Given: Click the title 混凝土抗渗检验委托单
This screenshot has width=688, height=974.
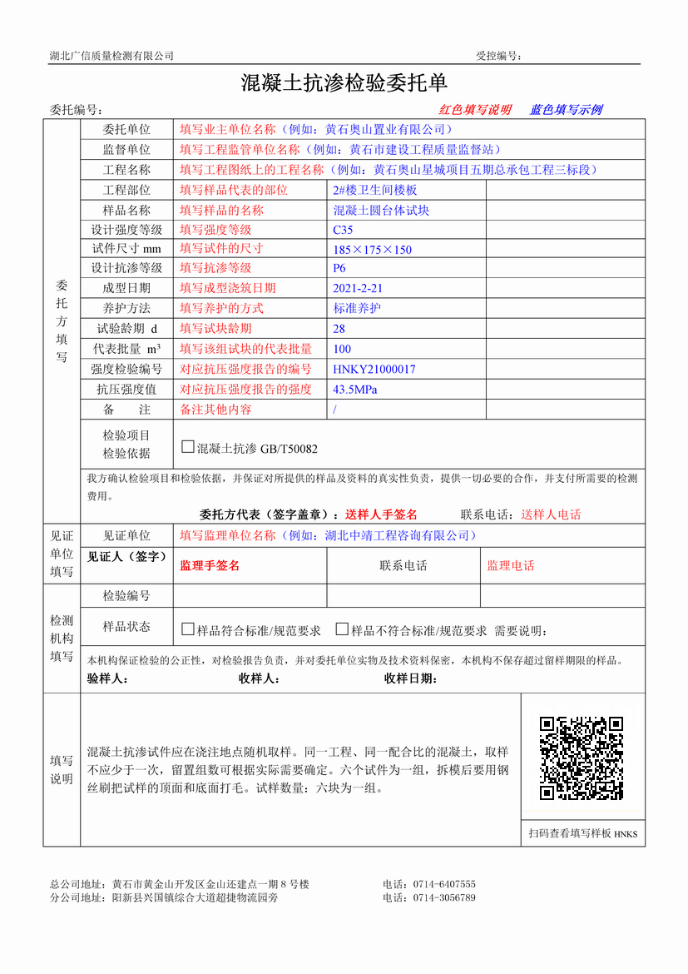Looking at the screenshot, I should tap(344, 82).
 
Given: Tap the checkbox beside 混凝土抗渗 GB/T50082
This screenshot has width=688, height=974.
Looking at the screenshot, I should tap(188, 447).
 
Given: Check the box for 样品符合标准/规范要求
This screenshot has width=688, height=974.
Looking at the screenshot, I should tap(188, 629).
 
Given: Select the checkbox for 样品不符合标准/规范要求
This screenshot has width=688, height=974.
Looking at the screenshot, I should tap(342, 629).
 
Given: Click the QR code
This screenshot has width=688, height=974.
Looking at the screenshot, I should tap(582, 758).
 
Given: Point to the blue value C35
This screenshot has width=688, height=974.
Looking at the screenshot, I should tap(343, 230).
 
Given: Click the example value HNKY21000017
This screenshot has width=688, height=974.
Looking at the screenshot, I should tap(374, 369).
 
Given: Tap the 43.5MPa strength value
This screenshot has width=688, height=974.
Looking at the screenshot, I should tap(355, 390).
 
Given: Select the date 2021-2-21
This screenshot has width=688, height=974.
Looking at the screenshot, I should tap(358, 289).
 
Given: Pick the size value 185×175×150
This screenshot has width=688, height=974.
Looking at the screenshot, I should tap(372, 250).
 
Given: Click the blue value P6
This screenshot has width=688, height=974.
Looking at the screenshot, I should tap(339, 268).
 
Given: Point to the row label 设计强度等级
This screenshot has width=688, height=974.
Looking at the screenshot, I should tap(126, 230).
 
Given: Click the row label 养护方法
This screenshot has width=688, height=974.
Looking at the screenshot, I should tap(126, 308).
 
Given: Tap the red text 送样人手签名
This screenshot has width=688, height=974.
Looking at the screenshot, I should tap(381, 514).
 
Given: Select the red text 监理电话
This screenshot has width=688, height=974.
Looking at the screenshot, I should tap(511, 566).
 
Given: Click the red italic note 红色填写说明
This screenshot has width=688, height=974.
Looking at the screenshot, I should tap(475, 110).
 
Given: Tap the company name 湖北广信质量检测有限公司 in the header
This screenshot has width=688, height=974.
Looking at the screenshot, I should tap(111, 56).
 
